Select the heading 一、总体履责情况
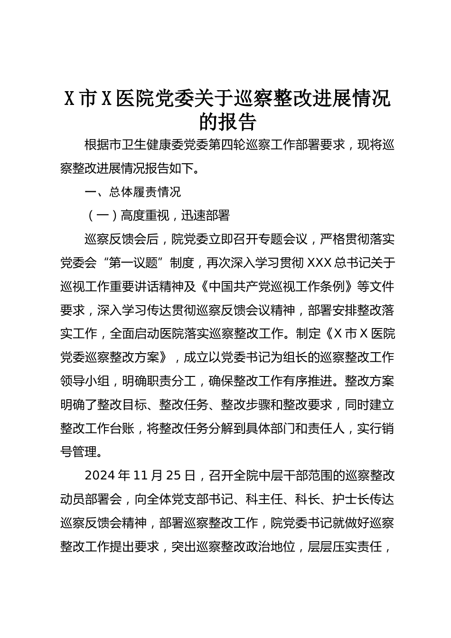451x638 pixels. pyautogui.click(x=132, y=192)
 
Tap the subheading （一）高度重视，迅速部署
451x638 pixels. pyautogui.click(x=157, y=216)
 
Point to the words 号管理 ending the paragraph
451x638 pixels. pyautogui.click(x=78, y=451)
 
